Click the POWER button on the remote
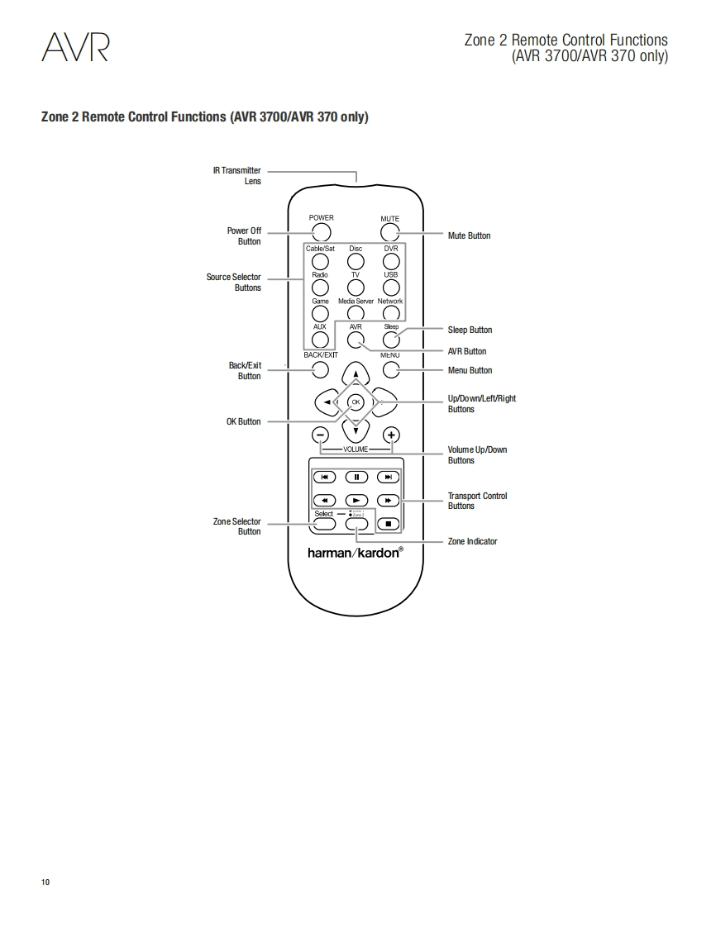[x=322, y=232]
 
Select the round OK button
[x=356, y=402]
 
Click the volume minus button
[x=320, y=435]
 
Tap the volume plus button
[x=391, y=435]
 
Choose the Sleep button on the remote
[x=391, y=339]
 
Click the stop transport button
[x=388, y=524]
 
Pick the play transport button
[x=356, y=501]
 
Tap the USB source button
[x=391, y=287]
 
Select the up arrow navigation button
[x=356, y=374]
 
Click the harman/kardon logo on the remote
[x=356, y=552]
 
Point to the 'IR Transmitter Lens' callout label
[x=236, y=175]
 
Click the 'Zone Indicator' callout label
[x=472, y=541]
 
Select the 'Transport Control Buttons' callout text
[x=477, y=501]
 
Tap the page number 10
[x=45, y=882]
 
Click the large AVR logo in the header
[x=75, y=47]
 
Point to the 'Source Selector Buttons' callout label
[x=234, y=283]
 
